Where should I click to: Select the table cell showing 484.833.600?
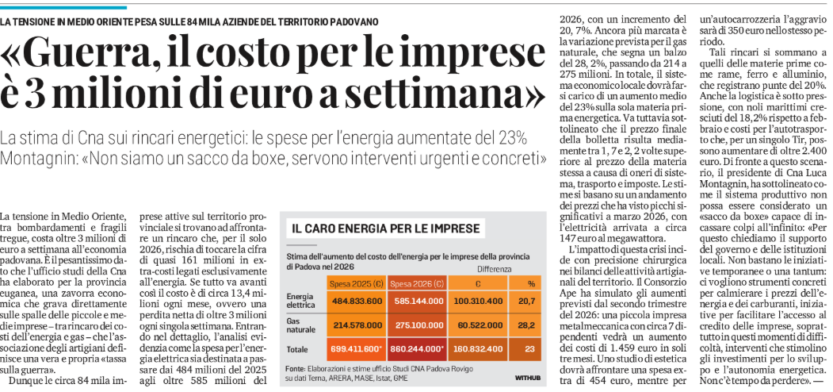pos(357,301)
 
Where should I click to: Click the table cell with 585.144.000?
pos(418,301)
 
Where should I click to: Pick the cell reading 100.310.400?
pos(480,301)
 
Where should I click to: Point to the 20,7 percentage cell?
pos(529,301)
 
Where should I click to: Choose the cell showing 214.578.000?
pos(357,325)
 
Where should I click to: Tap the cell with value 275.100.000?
pos(418,325)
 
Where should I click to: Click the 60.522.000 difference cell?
pos(480,325)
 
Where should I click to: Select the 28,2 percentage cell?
pos(529,325)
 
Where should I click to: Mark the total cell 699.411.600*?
pos(357,348)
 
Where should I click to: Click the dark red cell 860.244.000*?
pos(418,348)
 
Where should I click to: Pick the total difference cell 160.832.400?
pos(480,348)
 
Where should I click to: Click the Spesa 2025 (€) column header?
pos(357,283)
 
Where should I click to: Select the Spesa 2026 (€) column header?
pos(418,283)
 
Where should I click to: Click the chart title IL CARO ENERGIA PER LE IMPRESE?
pos(386,229)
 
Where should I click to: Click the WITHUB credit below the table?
pos(528,378)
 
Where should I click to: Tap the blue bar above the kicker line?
pos(63,7)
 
